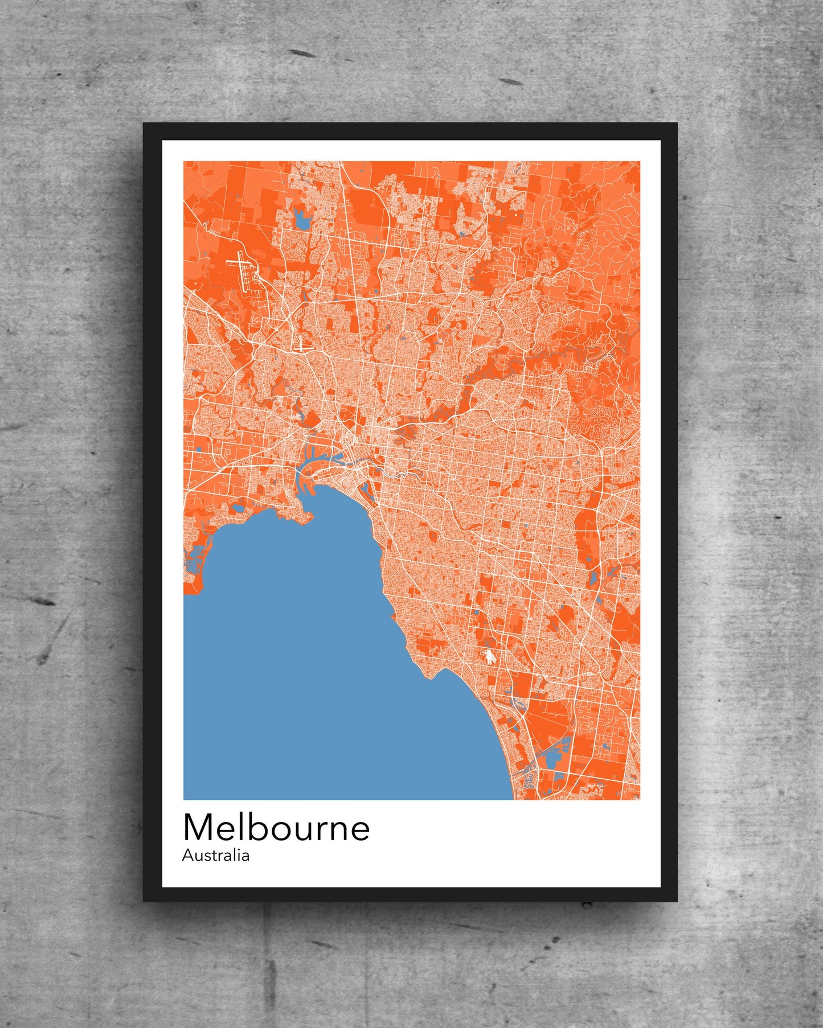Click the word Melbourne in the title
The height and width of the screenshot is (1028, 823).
click(276, 828)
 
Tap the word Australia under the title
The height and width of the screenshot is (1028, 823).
click(215, 856)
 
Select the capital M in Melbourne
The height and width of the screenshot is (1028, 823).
click(197, 828)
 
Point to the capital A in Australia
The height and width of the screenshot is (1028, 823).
click(187, 856)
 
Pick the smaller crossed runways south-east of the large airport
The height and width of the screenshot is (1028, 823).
click(301, 343)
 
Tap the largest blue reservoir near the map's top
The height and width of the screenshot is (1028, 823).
click(301, 219)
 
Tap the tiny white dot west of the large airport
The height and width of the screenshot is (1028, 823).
click(196, 283)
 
